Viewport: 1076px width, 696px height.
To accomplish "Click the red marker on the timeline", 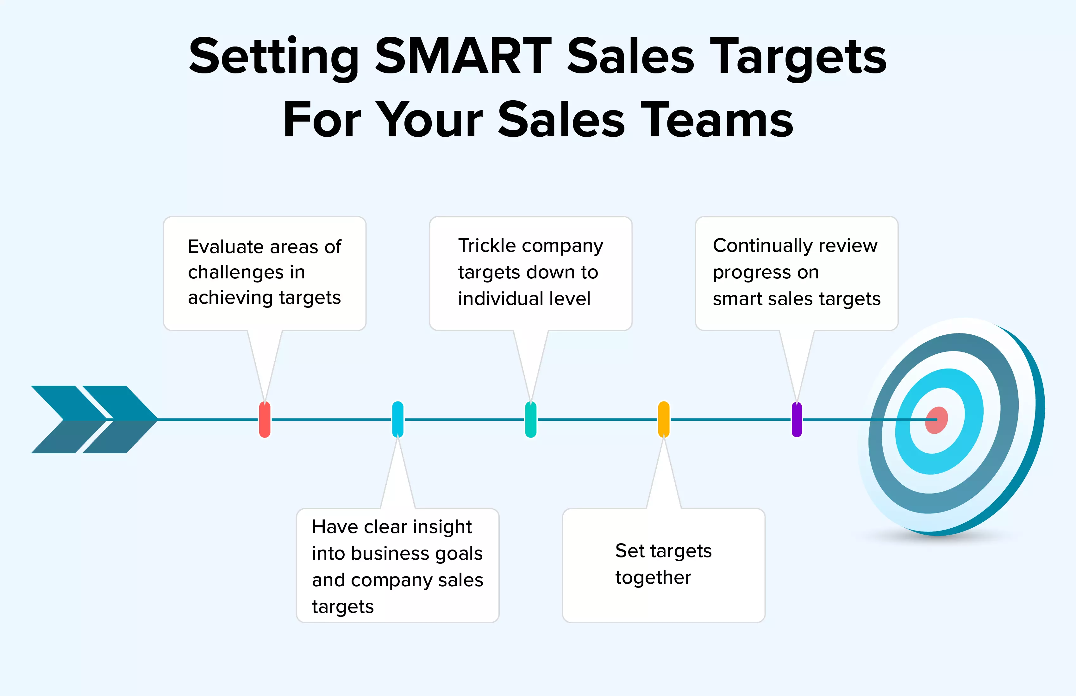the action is (x=265, y=419).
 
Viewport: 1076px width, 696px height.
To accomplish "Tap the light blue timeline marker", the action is (x=398, y=419).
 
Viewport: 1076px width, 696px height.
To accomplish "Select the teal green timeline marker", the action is (x=531, y=419).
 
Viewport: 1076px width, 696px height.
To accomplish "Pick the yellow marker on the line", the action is (x=664, y=419).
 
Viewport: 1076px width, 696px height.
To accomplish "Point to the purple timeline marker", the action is (x=797, y=419).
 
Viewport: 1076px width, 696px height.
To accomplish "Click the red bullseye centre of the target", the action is (x=936, y=420).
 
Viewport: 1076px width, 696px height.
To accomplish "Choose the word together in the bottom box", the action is (x=653, y=578).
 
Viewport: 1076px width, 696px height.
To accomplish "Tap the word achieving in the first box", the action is (x=231, y=298).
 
